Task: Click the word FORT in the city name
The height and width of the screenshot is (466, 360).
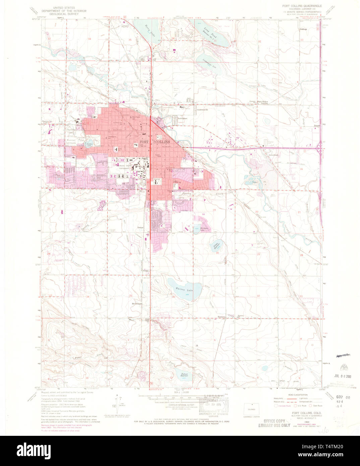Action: coord(143,142)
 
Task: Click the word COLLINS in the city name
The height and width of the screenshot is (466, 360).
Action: coord(163,142)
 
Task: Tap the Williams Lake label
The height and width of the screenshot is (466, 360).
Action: coord(204,229)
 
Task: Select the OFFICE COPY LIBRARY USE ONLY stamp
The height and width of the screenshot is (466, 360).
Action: coord(274,423)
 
